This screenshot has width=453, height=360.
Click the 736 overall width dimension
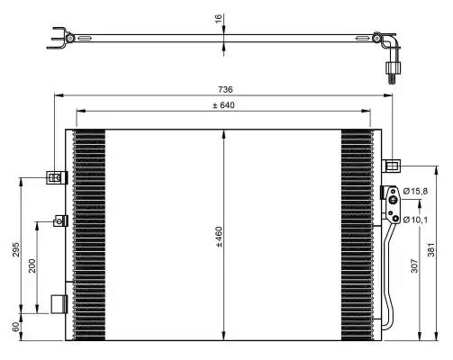(x=224, y=89)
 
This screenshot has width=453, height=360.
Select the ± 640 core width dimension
(x=223, y=106)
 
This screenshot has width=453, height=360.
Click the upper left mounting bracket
(x=56, y=177)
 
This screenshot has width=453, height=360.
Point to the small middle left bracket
(x=60, y=220)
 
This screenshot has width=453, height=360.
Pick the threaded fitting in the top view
(x=392, y=71)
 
